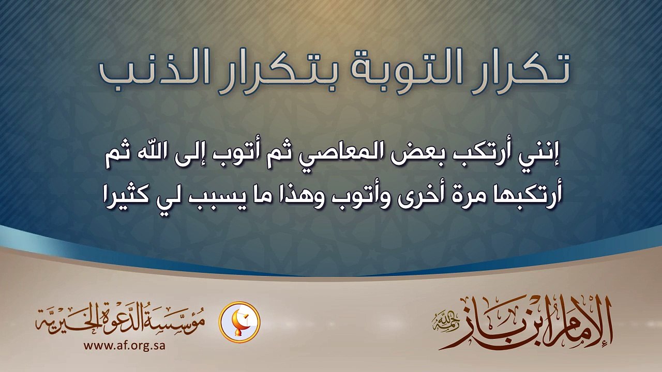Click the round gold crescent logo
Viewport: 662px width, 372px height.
239,322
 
